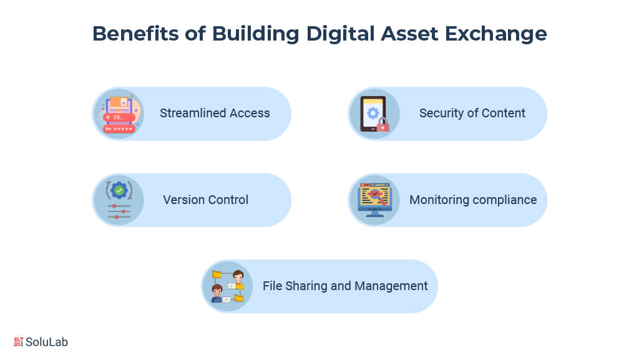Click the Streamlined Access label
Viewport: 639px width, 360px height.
click(215, 114)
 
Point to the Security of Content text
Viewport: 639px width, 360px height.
click(472, 114)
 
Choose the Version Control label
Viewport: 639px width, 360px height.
click(205, 200)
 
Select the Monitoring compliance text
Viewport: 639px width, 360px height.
click(473, 200)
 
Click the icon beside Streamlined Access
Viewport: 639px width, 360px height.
click(119, 114)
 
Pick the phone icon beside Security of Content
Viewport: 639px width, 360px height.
click(373, 114)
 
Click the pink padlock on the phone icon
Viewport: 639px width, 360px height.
click(383, 126)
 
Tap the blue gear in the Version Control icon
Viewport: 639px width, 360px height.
click(119, 190)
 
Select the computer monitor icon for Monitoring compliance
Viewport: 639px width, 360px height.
click(374, 199)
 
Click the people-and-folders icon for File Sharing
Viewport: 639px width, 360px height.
click(227, 286)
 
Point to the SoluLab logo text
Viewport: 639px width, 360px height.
click(47, 342)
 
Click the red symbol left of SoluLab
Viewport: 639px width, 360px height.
click(19, 342)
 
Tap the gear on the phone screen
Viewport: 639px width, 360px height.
click(373, 113)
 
